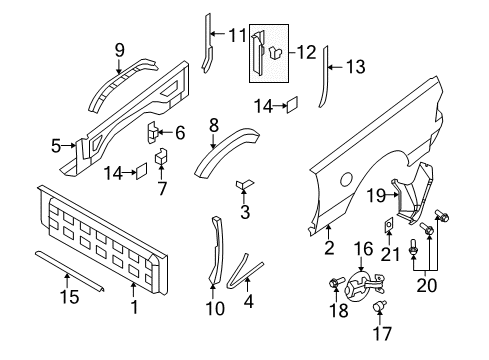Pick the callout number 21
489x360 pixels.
pos(389,253)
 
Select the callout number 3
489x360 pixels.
pos(245,212)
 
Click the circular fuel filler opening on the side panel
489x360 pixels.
pos(346,180)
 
